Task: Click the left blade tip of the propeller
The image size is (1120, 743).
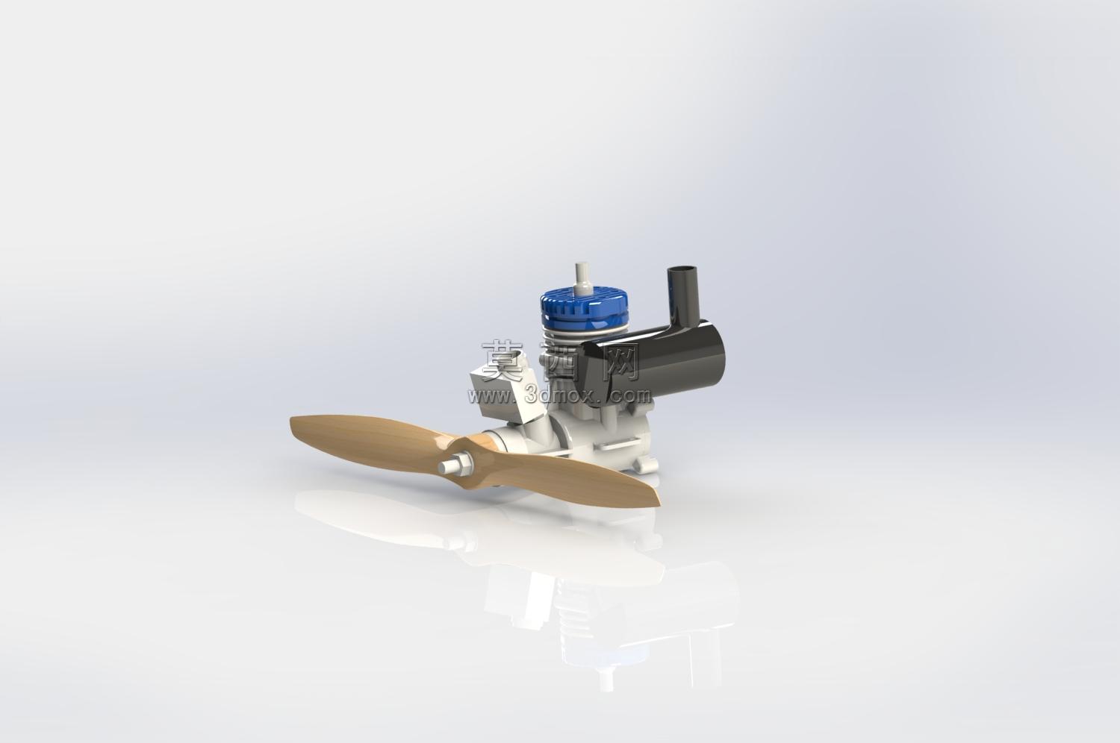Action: pos(292,424)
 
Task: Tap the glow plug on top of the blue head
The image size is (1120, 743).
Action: pos(581,278)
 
